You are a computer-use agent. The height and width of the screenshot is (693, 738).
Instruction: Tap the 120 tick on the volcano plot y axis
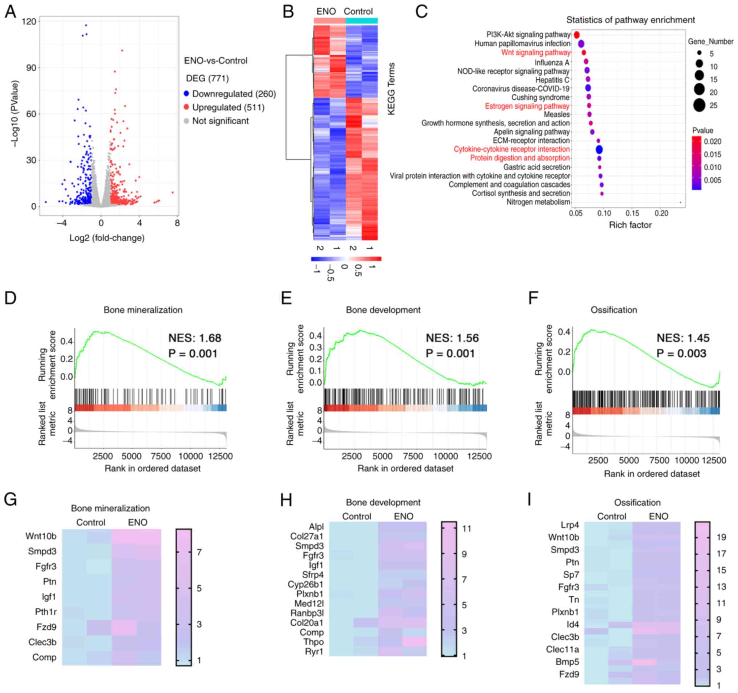click(x=29, y=21)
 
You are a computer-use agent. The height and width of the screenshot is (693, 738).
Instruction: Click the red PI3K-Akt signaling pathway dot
click(x=576, y=35)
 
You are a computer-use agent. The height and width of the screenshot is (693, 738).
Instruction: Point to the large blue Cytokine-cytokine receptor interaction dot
click(x=599, y=150)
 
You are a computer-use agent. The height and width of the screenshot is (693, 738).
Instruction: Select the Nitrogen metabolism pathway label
click(x=538, y=202)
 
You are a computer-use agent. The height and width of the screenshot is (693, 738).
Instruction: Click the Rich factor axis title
click(x=630, y=225)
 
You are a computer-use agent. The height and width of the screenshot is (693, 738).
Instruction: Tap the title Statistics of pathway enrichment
click(x=630, y=20)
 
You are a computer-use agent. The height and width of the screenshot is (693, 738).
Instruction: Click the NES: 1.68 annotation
click(x=195, y=338)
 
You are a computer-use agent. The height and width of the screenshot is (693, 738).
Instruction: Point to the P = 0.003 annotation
click(x=681, y=353)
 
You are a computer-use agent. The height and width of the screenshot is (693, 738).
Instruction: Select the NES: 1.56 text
click(x=452, y=338)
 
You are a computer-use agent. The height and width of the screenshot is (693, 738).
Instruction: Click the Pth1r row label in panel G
click(x=46, y=612)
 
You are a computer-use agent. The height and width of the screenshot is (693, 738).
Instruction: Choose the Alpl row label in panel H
click(x=316, y=527)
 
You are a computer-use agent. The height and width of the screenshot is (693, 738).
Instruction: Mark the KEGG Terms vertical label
click(x=391, y=89)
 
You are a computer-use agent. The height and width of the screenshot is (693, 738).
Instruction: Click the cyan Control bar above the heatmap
click(x=361, y=21)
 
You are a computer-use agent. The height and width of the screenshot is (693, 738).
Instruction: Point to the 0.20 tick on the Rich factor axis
click(x=661, y=214)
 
